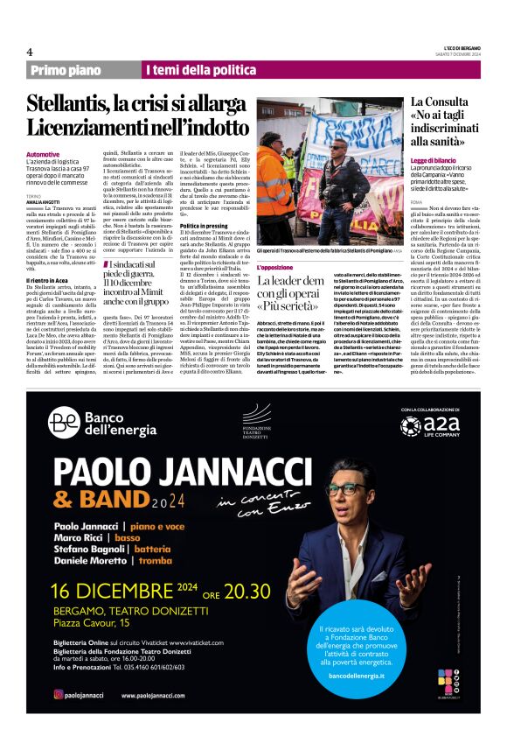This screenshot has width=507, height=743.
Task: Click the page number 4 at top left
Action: pos(30,52)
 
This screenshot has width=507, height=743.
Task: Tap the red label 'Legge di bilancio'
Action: pos(434,162)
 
